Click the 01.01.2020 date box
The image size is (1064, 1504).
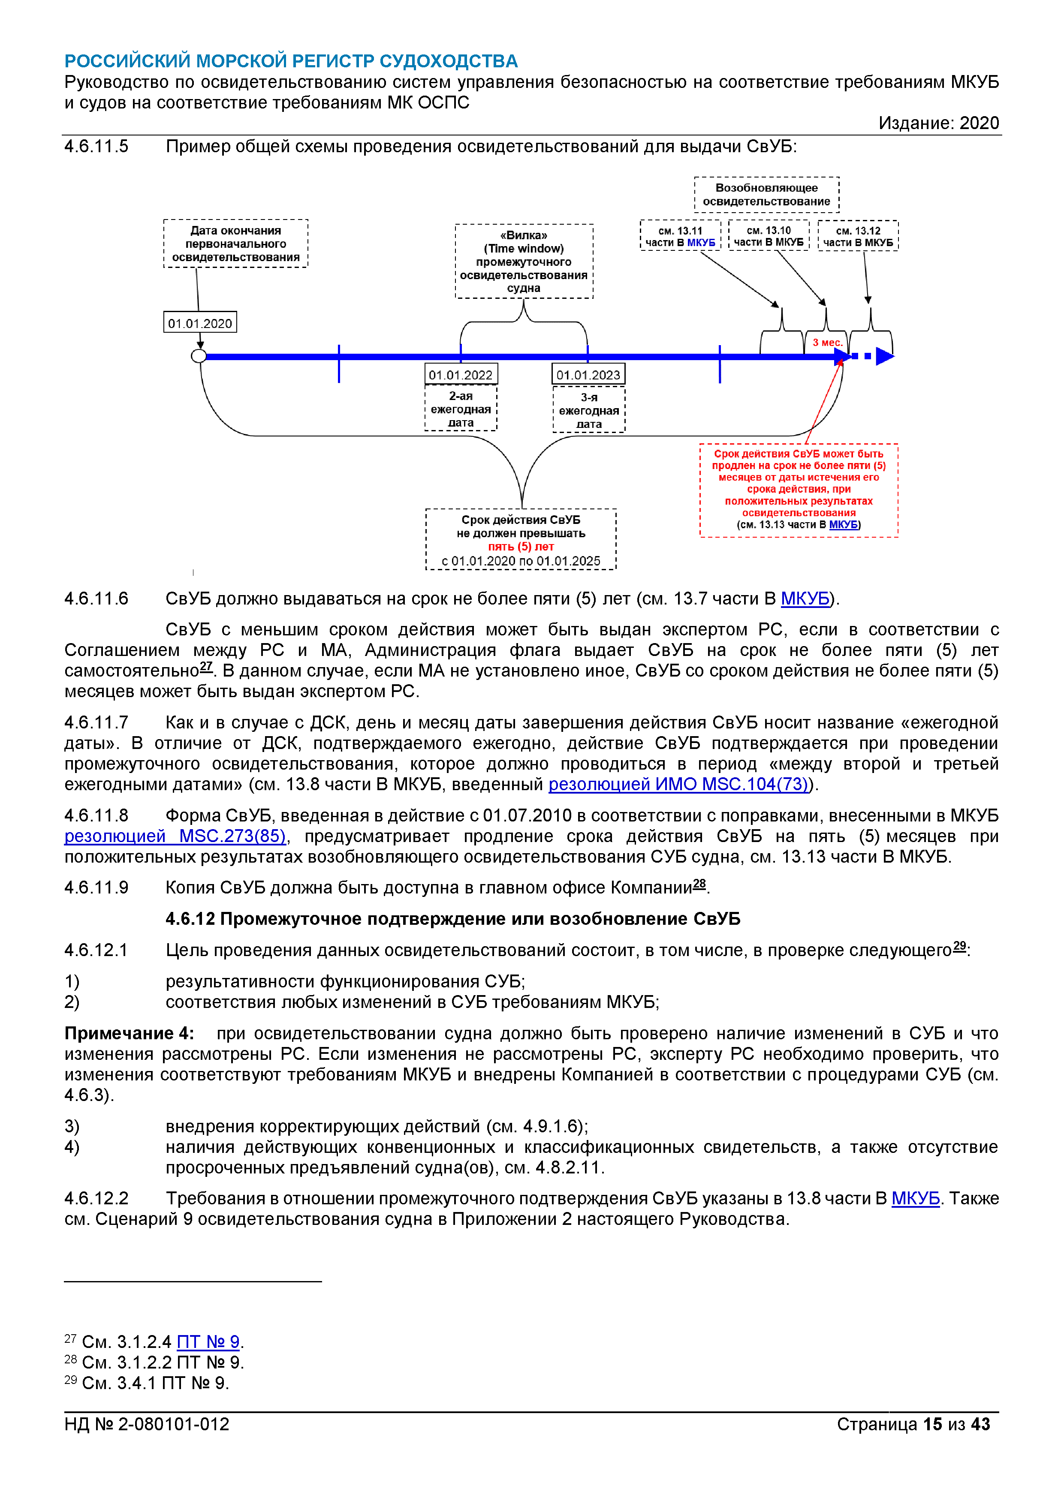[200, 323]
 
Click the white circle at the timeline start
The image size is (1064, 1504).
[199, 356]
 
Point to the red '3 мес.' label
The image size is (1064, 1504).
[827, 343]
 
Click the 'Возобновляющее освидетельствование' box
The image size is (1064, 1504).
[766, 195]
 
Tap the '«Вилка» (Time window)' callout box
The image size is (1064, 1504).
[524, 262]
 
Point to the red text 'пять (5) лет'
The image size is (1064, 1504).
[521, 546]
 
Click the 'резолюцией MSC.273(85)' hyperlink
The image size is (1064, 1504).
[175, 836]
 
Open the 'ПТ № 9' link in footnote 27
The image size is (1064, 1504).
[208, 1342]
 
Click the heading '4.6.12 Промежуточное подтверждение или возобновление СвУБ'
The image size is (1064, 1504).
[453, 918]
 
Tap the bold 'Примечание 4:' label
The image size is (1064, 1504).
[129, 1033]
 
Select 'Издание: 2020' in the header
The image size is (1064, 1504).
[938, 123]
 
